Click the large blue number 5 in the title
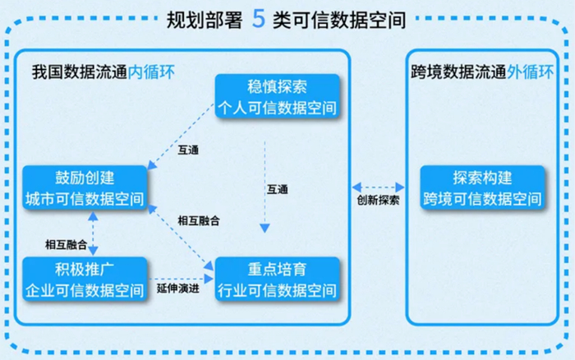[x=258, y=19]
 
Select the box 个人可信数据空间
[x=278, y=96]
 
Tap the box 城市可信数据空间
[x=85, y=188]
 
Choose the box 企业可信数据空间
[x=85, y=279]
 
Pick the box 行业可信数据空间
[x=278, y=279]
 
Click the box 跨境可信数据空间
[x=483, y=188]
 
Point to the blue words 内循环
[x=151, y=72]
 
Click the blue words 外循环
[x=530, y=72]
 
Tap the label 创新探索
[x=378, y=200]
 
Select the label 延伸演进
[x=178, y=288]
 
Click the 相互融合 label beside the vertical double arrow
[x=66, y=244]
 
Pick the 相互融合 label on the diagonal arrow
[x=199, y=220]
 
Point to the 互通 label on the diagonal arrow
[x=188, y=150]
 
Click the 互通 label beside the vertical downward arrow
[x=278, y=189]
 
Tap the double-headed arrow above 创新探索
[x=378, y=187]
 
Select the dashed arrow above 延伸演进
[x=182, y=279]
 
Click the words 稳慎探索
[x=278, y=87]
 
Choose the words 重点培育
[x=278, y=270]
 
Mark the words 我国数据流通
[x=80, y=72]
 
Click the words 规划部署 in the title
[x=205, y=20]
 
